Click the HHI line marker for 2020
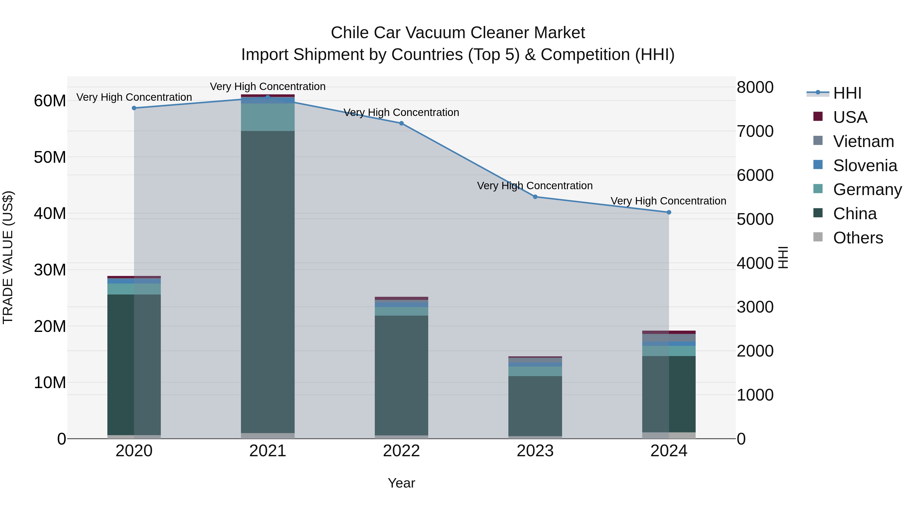(134, 108)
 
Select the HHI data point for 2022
(402, 123)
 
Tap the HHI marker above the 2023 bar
(535, 197)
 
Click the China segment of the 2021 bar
(268, 281)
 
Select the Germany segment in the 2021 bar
(268, 117)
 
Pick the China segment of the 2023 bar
(535, 405)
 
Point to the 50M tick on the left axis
(50, 157)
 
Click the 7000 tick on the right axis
(755, 131)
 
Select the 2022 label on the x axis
(402, 451)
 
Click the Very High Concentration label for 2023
(535, 186)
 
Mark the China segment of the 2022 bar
(402, 375)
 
